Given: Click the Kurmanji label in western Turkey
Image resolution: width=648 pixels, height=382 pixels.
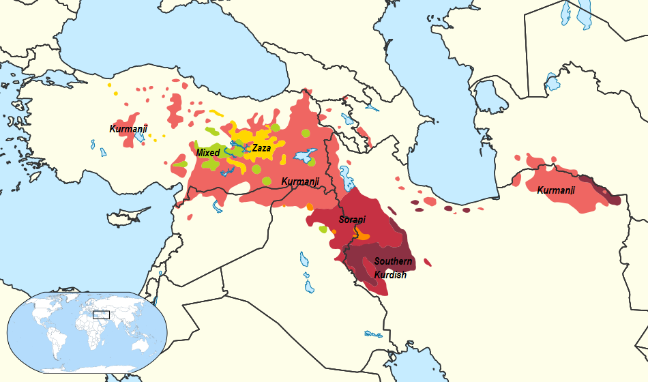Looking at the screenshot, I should [128, 128].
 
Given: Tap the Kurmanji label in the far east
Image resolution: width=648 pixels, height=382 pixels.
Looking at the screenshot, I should [556, 190].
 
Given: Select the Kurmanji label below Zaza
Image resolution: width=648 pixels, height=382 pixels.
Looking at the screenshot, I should [300, 181].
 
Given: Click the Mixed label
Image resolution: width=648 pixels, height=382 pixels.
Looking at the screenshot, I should [207, 153].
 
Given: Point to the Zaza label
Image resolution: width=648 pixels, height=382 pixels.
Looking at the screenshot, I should [261, 147].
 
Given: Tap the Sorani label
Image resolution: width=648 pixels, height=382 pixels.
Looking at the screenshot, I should [352, 220].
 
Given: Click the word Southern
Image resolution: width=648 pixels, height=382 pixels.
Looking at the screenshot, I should [393, 261].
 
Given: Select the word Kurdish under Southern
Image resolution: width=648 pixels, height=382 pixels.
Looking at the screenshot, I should [390, 275].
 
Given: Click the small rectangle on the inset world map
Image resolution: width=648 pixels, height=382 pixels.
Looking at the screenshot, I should [101, 314].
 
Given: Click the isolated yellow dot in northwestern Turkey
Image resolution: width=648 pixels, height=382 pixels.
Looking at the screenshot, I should [109, 85].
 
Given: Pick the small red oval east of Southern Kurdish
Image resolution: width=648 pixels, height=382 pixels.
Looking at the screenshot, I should [428, 262].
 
